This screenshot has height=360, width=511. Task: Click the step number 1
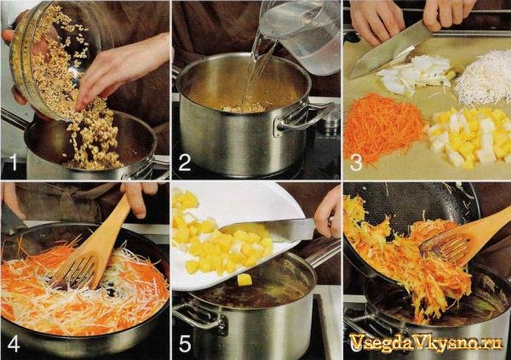[x=13, y=163]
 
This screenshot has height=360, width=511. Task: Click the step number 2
[x=185, y=163]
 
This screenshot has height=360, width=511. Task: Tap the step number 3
[x=356, y=163]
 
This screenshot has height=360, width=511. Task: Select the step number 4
[x=14, y=344]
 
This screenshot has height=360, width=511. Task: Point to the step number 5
[x=185, y=344]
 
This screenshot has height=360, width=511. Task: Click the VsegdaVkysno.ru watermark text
[x=426, y=343]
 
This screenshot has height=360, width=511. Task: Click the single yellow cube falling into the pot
[x=244, y=279]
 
